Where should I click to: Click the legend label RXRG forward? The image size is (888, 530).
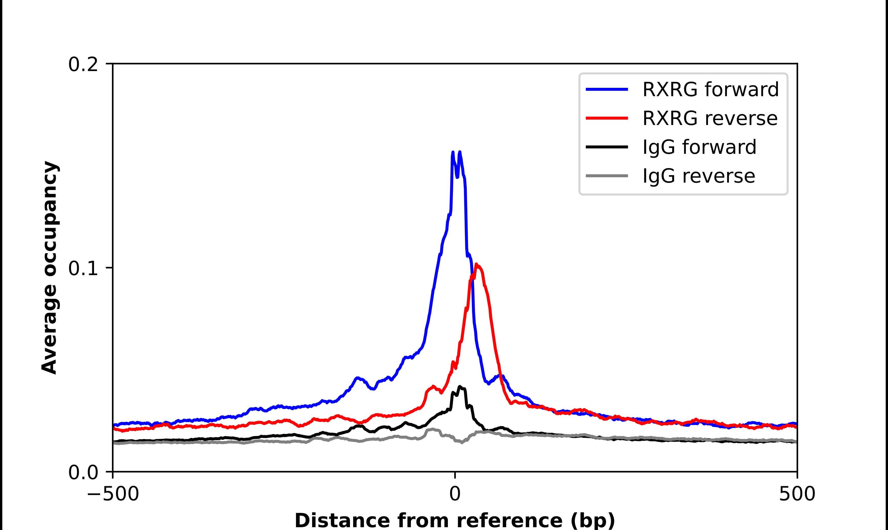(x=710, y=89)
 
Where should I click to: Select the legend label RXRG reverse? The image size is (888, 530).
(x=710, y=118)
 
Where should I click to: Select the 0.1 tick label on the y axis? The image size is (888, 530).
(x=83, y=269)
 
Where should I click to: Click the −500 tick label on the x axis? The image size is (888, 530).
(x=113, y=495)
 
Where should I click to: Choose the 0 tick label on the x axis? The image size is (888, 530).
(x=454, y=495)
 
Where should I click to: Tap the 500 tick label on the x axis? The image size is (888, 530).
(x=797, y=495)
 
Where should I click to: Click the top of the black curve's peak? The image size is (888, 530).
(x=460, y=386)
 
